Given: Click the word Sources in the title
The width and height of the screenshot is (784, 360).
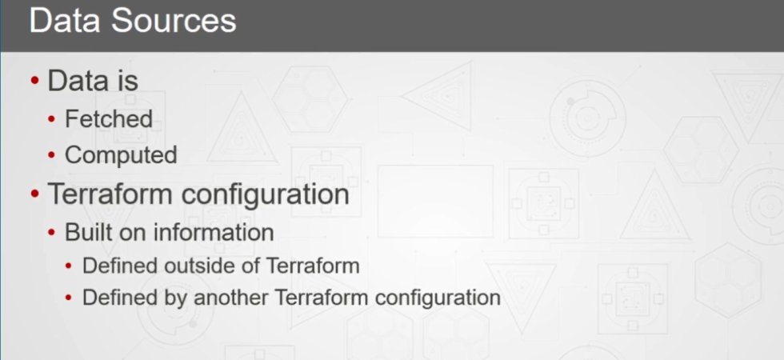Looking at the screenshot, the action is coord(174,21).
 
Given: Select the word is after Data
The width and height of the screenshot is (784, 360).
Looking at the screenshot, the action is coord(129,81).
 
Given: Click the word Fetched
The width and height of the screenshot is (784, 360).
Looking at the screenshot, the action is coord(109,119).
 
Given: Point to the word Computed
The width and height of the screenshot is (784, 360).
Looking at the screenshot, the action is coord(121,155).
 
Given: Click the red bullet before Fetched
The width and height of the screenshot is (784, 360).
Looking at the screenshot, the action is coord(51,119).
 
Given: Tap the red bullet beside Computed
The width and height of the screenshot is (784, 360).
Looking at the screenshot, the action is coord(51,155).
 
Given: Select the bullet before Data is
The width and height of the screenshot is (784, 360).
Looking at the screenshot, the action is coord(34,80).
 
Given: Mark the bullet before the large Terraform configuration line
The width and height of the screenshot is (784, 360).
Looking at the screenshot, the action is coord(34,193).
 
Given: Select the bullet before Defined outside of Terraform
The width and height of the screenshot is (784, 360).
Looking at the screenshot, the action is coord(69,266).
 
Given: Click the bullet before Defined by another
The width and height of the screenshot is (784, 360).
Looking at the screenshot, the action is coord(69,298).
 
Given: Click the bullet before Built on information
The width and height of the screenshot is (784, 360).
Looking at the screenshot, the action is coord(51,233).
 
